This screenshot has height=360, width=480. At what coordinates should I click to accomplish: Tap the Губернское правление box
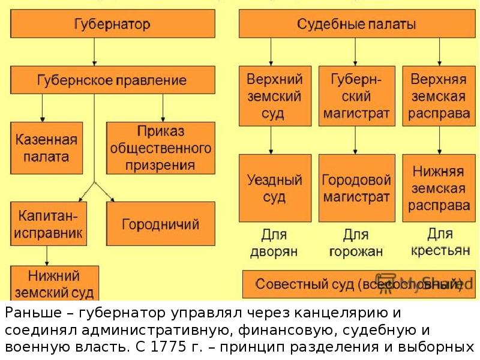pos(112,80)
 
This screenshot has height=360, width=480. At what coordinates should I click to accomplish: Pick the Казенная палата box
pos(46,149)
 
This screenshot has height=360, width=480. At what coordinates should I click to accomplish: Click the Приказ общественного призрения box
pos(160,148)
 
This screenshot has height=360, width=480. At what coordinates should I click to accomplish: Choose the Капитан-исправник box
pos(46,224)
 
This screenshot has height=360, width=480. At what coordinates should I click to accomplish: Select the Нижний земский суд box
pos(55,283)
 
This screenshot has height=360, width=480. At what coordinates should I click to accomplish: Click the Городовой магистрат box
pos(356,188)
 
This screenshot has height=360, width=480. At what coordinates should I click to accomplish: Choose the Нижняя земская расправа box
pos(439,188)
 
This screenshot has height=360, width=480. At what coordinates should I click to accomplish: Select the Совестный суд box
pos(356,284)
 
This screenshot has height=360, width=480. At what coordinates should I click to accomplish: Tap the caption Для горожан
pos(356,243)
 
